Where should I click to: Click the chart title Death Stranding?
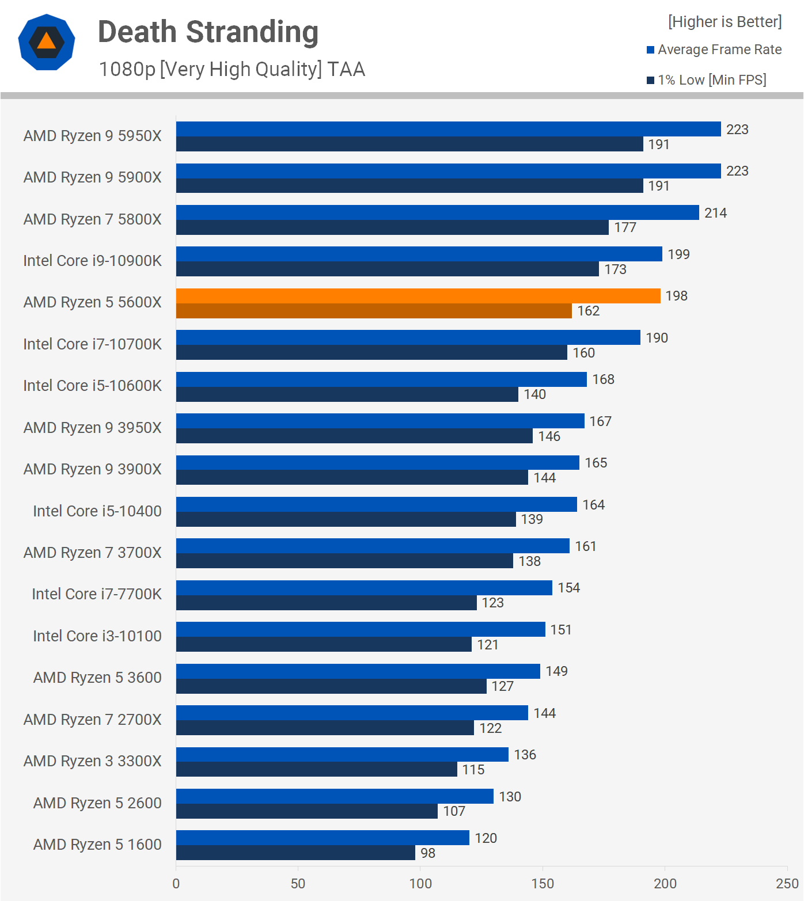208,32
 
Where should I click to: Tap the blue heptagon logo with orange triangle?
47,42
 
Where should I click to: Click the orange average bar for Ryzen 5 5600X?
418,296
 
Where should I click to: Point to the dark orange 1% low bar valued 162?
374,311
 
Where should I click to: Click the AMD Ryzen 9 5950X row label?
93,136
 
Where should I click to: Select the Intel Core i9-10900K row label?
93,261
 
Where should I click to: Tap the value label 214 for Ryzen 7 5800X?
715,213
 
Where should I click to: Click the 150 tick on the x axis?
543,884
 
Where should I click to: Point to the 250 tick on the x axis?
787,884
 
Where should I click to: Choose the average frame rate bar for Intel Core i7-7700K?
364,588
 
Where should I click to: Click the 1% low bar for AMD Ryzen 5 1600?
295,853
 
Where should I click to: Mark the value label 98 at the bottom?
428,853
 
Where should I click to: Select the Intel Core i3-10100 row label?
97,636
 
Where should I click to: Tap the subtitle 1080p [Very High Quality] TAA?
232,69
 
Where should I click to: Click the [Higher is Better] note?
725,22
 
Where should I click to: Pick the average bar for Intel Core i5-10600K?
381,379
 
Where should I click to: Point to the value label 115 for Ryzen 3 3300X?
473,770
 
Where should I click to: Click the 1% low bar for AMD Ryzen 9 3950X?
354,436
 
